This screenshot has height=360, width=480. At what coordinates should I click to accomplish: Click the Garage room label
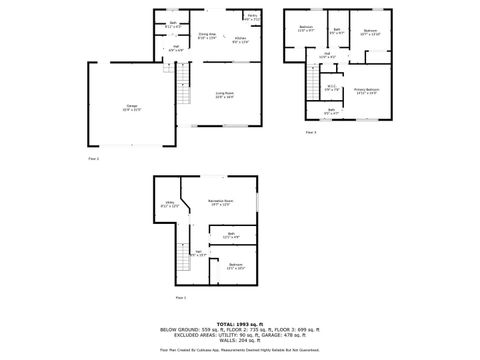[x=132, y=107]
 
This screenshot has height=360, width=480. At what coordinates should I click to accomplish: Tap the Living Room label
[x=224, y=95]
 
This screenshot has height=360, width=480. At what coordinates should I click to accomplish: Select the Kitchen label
[x=240, y=40]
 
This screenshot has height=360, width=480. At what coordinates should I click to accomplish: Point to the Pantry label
[x=254, y=17]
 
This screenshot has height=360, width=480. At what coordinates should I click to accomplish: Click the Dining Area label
[x=207, y=36]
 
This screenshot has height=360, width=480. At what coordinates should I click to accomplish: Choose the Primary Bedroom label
[x=367, y=91]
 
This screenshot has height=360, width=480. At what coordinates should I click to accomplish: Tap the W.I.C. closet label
[x=331, y=87]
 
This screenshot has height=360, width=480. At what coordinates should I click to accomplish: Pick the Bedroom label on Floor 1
[x=235, y=267]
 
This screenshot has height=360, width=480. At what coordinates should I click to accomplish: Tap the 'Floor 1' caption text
[x=181, y=298]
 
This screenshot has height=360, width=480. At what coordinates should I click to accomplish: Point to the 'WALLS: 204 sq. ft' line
[x=240, y=341]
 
